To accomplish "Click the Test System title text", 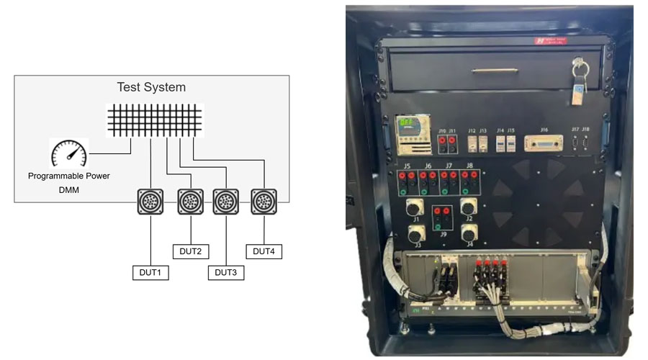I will click(151, 87).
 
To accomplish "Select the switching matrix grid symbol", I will click(155, 120).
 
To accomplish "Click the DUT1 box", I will click(150, 273).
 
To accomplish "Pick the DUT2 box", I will click(190, 251).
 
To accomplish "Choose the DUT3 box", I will click(226, 273).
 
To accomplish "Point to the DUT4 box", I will click(264, 251).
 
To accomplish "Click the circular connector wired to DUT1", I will click(150, 202).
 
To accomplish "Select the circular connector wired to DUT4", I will click(264, 202).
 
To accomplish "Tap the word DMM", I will click(69, 189).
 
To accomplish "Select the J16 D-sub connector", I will click(544, 145).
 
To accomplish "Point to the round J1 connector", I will click(415, 209).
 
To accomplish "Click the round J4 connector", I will click(468, 234).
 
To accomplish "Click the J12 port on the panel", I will click(472, 144).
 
